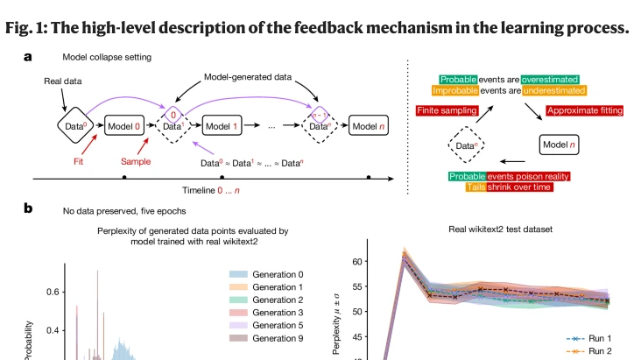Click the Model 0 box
[124, 125]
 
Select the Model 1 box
[222, 125]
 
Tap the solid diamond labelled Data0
[75, 125]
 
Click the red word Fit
[78, 161]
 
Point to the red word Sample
[136, 161]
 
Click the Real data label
[62, 81]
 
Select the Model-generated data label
[248, 77]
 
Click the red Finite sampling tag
[447, 110]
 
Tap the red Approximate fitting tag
[585, 110]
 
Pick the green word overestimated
[550, 80]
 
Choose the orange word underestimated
[554, 90]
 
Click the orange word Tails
[475, 187]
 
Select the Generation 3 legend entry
[266, 313]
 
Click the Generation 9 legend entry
[266, 338]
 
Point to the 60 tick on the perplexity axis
[357, 261]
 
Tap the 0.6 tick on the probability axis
[53, 292]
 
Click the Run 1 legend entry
[588, 338]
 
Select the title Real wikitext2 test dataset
[500, 229]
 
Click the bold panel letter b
[28, 208]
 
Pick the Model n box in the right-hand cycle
[559, 145]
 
